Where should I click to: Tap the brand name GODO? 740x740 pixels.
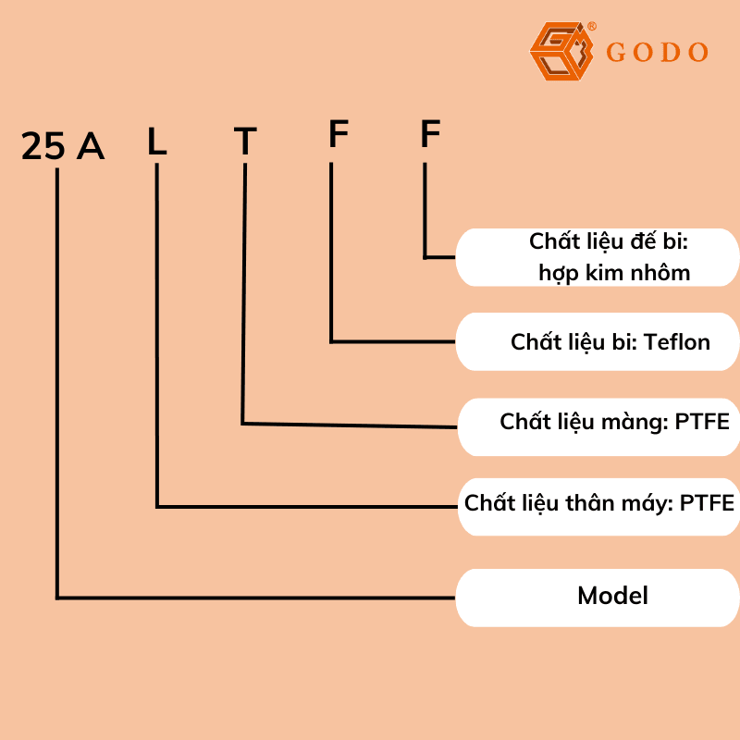pos(658,53)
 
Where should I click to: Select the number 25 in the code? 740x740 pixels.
pos(43,146)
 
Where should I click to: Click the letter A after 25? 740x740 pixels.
pos(90,146)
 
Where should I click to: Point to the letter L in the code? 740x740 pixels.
pos(157,142)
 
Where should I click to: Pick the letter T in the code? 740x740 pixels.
pos(244,142)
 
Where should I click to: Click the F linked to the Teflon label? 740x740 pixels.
pos(339,135)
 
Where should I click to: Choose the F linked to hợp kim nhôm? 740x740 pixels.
pos(430,135)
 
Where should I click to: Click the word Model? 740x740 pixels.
pos(612,596)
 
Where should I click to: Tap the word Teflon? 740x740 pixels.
pos(677,342)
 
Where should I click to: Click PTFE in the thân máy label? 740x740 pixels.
pos(707,503)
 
